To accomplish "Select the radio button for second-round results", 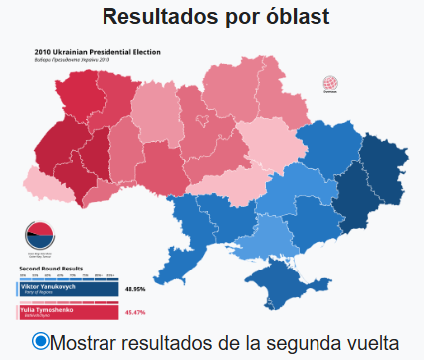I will click(40, 341).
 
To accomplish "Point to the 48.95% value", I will click(136, 289).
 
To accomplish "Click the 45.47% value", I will click(136, 313).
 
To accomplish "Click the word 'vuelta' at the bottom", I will click(370, 343).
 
